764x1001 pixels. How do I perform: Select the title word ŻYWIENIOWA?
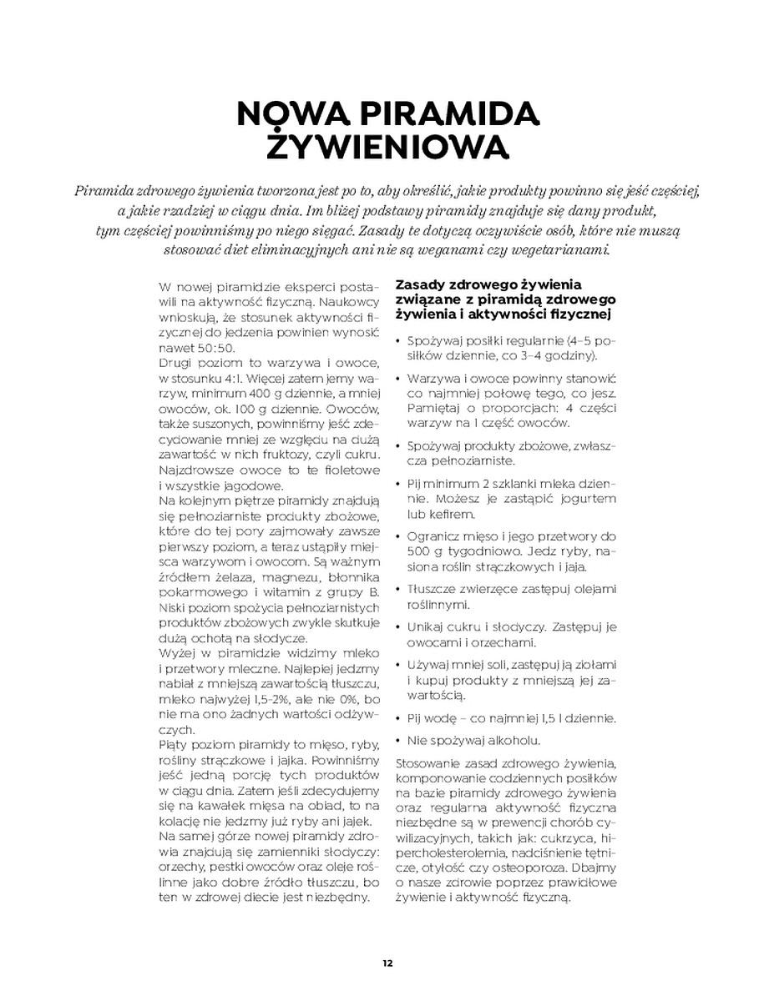coord(387,148)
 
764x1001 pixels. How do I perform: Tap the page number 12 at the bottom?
coord(387,963)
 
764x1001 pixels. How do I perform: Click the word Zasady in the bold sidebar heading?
coord(422,285)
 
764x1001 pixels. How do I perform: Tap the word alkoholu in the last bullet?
coord(514,741)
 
